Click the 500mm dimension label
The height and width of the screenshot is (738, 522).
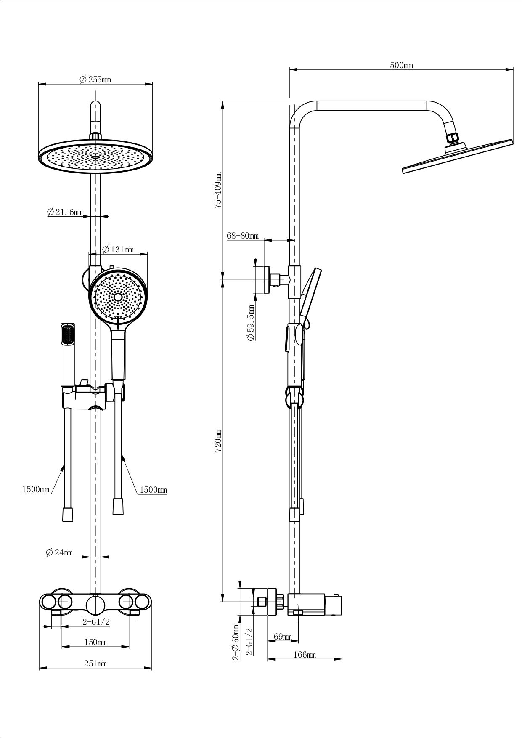[x=402, y=65]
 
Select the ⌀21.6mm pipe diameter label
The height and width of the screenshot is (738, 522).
[x=65, y=212]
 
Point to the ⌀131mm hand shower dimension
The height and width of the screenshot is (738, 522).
[x=118, y=250]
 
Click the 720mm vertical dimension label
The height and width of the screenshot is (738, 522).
[x=218, y=441]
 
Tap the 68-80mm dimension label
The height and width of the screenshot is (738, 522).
[x=243, y=236]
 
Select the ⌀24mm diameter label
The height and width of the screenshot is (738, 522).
[x=59, y=552]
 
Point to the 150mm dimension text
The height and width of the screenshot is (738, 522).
[x=95, y=642]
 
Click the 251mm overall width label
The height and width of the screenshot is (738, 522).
[x=95, y=664]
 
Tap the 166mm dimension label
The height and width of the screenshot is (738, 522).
[x=305, y=655]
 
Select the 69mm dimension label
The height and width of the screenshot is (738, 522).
[x=283, y=637]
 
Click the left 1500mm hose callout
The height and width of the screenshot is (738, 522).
[x=36, y=489]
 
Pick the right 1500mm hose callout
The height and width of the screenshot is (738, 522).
[x=153, y=490]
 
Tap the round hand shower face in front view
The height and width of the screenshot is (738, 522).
[x=118, y=296]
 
